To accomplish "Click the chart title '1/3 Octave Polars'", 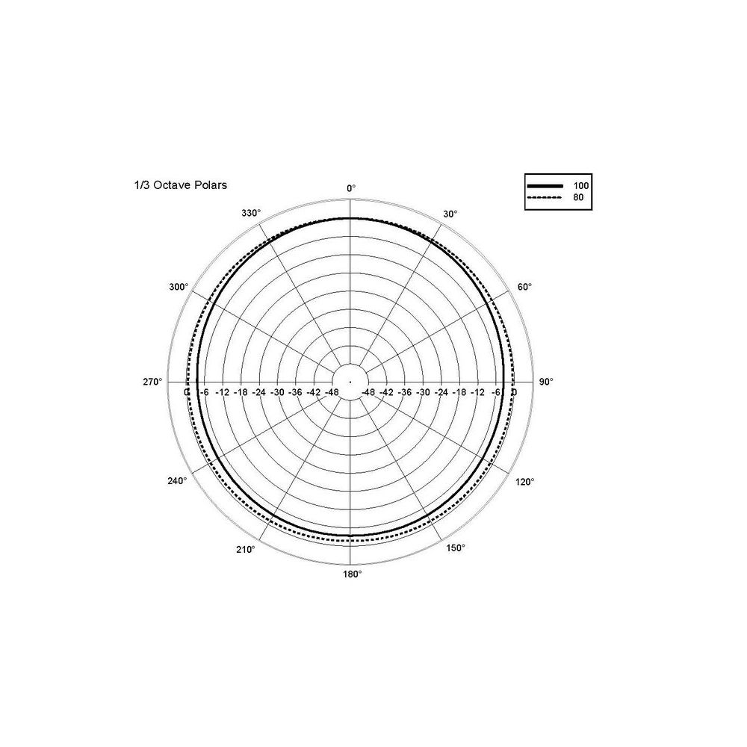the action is [x=181, y=185].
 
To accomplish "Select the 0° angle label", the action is [x=351, y=188].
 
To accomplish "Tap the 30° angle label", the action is [x=450, y=214].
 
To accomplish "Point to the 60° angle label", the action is [x=524, y=287].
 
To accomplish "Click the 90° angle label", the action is [x=546, y=382].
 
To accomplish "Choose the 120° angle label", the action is [x=525, y=482].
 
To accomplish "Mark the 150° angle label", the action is [x=456, y=548].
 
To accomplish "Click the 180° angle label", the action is [x=353, y=574].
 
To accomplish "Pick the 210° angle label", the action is [x=246, y=549].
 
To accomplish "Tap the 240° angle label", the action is [x=177, y=480].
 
